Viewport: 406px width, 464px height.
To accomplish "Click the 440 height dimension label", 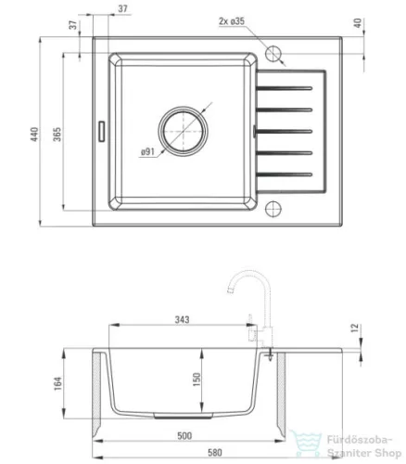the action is click(34, 134).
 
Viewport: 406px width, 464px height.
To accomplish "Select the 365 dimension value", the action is click(57, 134).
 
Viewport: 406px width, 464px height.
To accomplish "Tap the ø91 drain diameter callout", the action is click(147, 152).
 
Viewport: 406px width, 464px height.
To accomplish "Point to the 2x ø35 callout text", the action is click(232, 21).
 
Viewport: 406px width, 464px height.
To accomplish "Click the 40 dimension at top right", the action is click(357, 23).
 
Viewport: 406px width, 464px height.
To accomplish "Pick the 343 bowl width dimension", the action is click(182, 319).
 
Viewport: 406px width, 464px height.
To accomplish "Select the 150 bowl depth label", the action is click(197, 380).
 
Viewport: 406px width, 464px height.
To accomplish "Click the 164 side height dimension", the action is click(57, 383).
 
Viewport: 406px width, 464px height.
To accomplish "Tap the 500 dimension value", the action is click(184, 435).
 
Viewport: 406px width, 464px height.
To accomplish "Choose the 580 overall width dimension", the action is click(214, 453).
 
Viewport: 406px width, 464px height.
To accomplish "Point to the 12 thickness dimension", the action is click(355, 328).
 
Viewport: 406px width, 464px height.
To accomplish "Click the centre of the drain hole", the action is click(183, 131).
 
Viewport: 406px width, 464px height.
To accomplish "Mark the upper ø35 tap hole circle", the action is click(273, 54).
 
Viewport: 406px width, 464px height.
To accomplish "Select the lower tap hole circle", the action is click(273, 208).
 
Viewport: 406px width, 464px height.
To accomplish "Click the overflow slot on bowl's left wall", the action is click(101, 132).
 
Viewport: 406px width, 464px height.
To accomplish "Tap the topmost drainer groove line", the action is click(284, 88).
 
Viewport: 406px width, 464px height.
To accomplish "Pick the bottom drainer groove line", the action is click(284, 174).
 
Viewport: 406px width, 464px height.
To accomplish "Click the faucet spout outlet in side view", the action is click(230, 290).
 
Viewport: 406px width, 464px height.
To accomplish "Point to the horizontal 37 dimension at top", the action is click(122, 8).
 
